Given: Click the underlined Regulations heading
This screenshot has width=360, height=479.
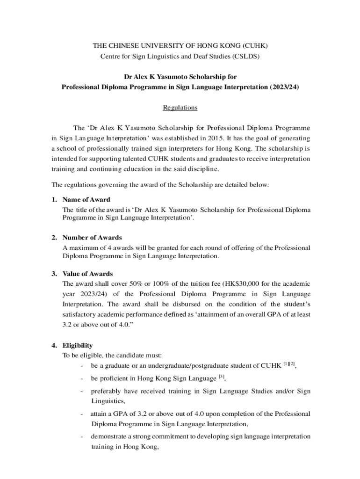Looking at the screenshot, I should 180,108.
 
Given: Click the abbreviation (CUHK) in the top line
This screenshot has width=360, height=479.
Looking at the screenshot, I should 255,45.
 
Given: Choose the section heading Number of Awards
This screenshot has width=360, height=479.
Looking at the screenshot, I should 92,238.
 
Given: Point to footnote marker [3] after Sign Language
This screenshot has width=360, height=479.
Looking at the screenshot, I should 223,377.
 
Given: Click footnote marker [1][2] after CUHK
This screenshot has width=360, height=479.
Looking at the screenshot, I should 290,363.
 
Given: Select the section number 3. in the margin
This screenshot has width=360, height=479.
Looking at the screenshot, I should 54,274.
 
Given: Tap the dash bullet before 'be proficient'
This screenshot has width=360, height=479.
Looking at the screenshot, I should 82,378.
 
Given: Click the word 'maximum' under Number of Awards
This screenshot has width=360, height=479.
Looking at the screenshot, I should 82,248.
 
